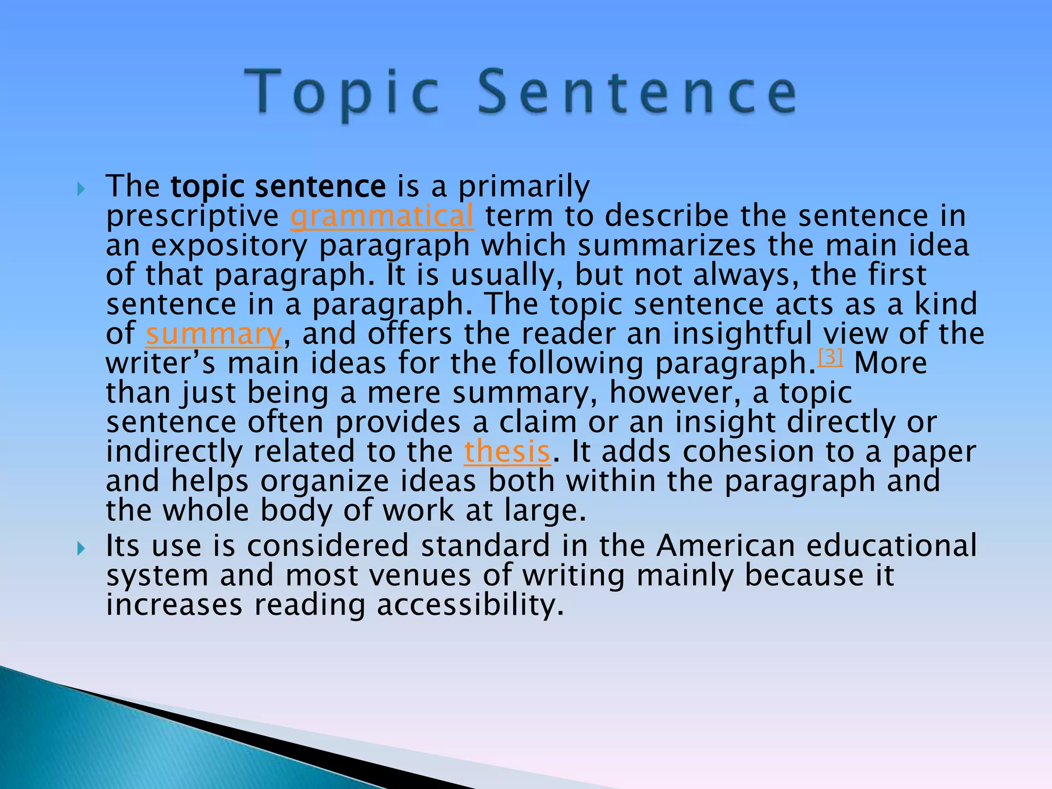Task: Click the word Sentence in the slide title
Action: tap(637, 92)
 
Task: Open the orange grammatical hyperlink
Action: tap(382, 216)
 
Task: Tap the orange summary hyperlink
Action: tap(214, 334)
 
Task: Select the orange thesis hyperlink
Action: tap(507, 452)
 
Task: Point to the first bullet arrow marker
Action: tap(81, 190)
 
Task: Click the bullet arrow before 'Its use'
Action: tap(81, 549)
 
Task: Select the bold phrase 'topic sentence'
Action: tap(278, 186)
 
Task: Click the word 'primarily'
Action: tap(524, 186)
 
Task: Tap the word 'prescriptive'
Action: tap(193, 216)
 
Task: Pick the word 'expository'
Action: tap(229, 246)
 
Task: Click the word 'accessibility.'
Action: tap(470, 605)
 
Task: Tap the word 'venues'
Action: tap(420, 575)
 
